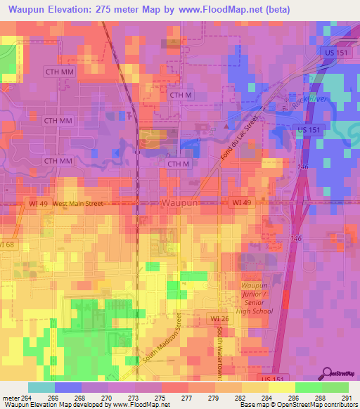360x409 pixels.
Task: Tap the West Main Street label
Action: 77,203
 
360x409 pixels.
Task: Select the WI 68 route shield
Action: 6,244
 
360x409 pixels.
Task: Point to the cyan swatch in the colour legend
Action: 41,387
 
